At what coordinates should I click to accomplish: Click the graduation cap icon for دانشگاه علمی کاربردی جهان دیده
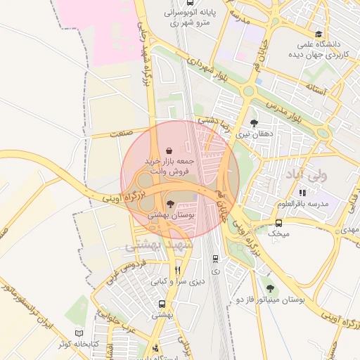click(319, 34)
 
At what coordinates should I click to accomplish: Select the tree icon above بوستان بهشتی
click(169, 203)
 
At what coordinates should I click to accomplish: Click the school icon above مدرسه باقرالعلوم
click(302, 193)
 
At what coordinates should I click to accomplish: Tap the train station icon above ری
click(215, 258)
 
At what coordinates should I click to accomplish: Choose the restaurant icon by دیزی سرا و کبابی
click(178, 270)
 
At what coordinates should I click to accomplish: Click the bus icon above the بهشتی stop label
click(162, 304)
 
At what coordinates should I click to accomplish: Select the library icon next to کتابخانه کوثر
click(78, 332)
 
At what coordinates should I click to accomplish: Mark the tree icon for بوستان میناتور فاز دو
click(271, 289)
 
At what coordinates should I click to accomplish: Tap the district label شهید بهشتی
click(153, 245)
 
